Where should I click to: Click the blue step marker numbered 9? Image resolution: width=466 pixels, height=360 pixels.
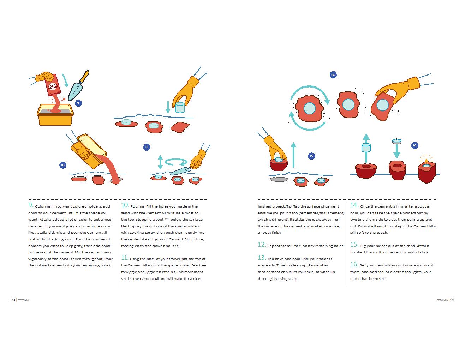pos(78,103)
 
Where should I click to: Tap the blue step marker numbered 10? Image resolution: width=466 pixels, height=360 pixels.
pos(62,165)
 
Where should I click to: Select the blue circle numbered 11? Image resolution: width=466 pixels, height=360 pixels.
pos(147,147)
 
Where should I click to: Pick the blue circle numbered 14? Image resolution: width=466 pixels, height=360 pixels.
pos(333,74)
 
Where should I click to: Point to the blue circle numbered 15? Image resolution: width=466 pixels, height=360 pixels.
pos(311,156)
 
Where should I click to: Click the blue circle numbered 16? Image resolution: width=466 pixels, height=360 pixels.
pos(414,145)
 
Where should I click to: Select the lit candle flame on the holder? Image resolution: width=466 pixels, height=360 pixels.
pos(426,161)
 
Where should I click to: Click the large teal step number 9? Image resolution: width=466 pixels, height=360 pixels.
pos(30,205)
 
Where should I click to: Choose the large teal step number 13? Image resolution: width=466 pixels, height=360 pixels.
pos(262,258)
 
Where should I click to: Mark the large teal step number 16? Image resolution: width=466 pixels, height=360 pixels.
pos(354,264)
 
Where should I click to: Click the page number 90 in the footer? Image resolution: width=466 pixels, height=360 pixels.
pos(13,300)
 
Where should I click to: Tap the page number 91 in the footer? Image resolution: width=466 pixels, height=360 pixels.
pos(452,300)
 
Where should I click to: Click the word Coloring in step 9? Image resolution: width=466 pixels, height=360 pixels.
pos(43,206)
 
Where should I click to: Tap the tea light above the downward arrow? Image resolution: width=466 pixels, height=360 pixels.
pos(396,141)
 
